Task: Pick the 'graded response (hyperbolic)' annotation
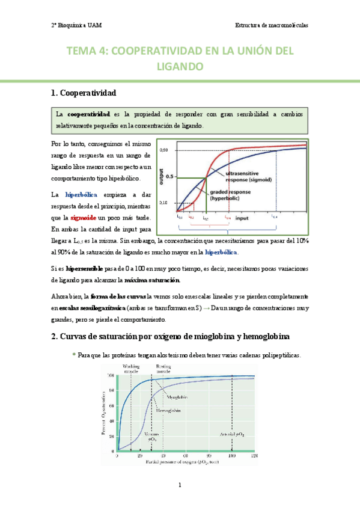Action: pos(230,194)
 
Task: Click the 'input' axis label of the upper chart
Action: pos(243,218)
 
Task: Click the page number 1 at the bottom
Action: pos(180,485)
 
